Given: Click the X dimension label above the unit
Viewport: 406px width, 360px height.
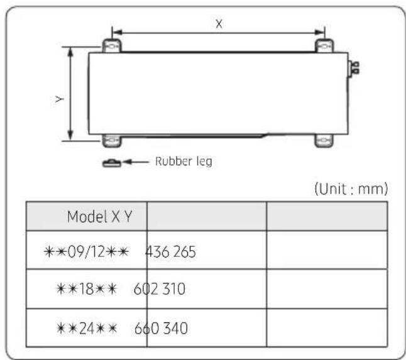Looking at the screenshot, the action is point(219,24).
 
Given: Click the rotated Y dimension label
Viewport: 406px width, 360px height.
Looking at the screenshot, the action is point(60,99).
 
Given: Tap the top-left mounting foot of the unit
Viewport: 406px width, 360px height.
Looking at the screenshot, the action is point(112,46).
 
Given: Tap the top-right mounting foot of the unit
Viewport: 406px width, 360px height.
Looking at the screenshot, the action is point(324,46).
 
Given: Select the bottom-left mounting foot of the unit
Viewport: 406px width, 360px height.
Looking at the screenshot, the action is point(112,141).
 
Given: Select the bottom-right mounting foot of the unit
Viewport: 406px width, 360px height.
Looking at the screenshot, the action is point(324,141).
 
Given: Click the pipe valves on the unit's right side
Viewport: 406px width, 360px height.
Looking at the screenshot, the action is point(353,68).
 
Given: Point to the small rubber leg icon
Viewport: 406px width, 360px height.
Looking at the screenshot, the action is point(112,163).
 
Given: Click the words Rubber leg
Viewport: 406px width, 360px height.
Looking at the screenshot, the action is point(184,161).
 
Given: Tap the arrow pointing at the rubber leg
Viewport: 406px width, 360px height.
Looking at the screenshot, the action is point(135,162).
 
